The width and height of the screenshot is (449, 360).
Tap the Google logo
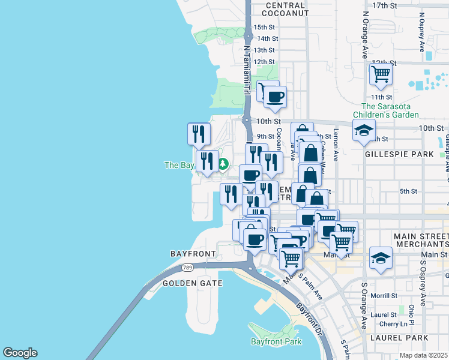click(20, 353)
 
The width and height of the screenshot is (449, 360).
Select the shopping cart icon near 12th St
click(381, 75)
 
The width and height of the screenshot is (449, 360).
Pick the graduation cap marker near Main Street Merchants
click(381, 257)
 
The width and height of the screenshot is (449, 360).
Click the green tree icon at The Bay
click(223, 163)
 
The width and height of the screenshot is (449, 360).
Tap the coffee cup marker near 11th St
click(275, 97)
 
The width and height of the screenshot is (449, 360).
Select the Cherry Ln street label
click(394, 324)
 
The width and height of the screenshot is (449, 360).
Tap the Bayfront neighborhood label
click(193, 254)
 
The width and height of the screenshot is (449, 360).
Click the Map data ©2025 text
click(424, 355)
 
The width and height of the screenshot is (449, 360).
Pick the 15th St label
click(264, 28)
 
